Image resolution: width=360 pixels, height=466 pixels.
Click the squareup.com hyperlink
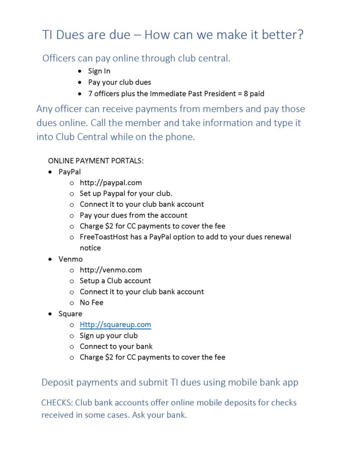(x=115, y=324)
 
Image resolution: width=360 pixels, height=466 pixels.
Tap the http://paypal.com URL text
(x=111, y=182)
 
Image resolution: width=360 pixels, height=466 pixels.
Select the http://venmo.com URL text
(x=111, y=270)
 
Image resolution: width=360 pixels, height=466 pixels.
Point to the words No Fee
(x=91, y=303)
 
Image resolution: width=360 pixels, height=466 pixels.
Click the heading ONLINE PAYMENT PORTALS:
(x=96, y=161)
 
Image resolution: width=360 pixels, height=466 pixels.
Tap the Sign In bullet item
(x=99, y=71)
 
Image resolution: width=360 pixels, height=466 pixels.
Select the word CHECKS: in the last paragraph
(x=57, y=403)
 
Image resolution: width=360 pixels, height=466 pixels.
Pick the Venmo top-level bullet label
(x=71, y=259)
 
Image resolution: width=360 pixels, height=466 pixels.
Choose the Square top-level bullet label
(x=70, y=314)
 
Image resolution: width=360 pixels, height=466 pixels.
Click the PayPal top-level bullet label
(x=70, y=172)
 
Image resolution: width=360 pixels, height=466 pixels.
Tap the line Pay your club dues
(x=119, y=82)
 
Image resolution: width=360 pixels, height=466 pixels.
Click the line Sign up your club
(x=108, y=335)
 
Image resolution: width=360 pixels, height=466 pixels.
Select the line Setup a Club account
(x=115, y=281)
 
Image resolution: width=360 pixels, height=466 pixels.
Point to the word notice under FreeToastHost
(x=90, y=248)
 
